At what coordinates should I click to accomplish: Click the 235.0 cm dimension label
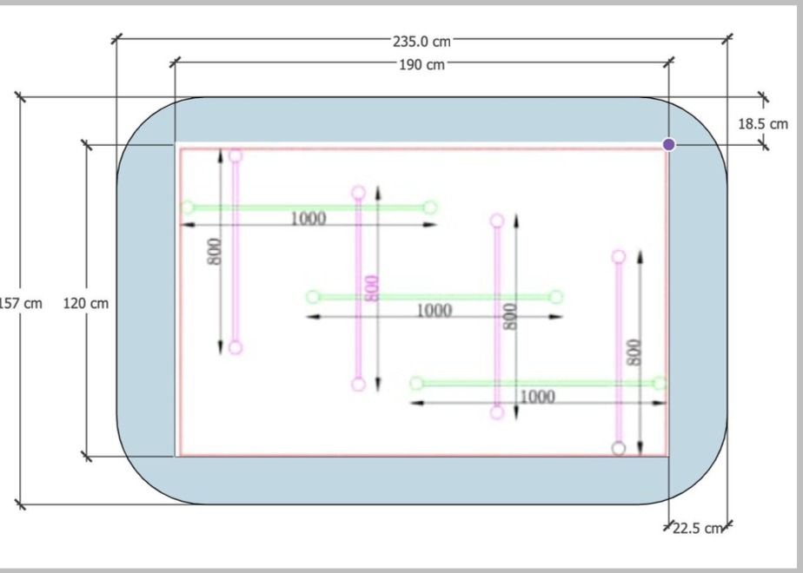pyautogui.click(x=421, y=42)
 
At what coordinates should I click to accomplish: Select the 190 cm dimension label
pyautogui.click(x=422, y=65)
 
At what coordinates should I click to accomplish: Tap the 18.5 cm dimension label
pyautogui.click(x=762, y=124)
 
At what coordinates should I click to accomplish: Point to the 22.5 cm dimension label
pyautogui.click(x=697, y=528)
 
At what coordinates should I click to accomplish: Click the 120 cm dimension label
pyautogui.click(x=85, y=303)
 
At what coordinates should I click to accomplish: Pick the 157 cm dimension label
pyautogui.click(x=21, y=303)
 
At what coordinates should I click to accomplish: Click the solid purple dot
pyautogui.click(x=669, y=145)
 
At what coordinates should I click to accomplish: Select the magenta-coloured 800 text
pyautogui.click(x=373, y=288)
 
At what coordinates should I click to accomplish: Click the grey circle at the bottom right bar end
pyautogui.click(x=619, y=448)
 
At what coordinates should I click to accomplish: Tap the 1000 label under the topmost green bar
pyautogui.click(x=309, y=219)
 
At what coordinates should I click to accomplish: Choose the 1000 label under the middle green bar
pyautogui.click(x=435, y=311)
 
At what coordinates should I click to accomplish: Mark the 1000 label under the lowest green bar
pyautogui.click(x=537, y=397)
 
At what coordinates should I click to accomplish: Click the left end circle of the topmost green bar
pyautogui.click(x=188, y=207)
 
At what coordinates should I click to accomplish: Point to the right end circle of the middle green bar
pyautogui.click(x=556, y=297)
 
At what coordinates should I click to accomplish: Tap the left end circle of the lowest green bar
pyautogui.click(x=417, y=383)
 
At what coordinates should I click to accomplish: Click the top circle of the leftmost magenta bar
pyautogui.click(x=236, y=155)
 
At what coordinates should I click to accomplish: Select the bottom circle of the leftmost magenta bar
pyautogui.click(x=236, y=348)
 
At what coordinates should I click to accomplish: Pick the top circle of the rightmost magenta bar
pyautogui.click(x=619, y=256)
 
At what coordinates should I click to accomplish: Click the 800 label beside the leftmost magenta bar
pyautogui.click(x=215, y=252)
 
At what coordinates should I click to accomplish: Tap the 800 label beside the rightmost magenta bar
pyautogui.click(x=634, y=352)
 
